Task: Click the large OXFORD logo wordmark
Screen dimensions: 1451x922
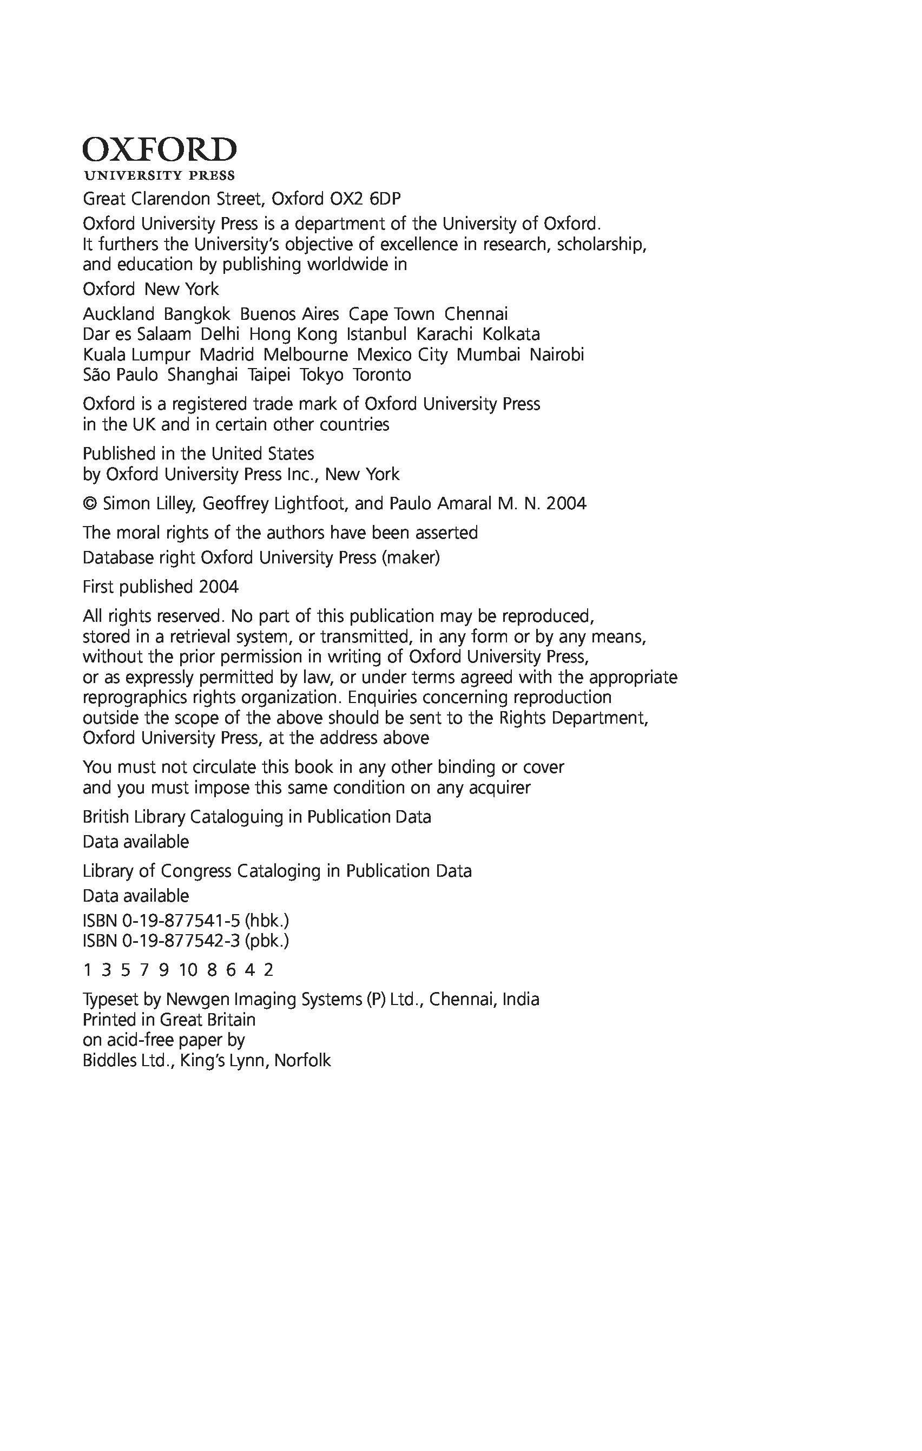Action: pos(160,149)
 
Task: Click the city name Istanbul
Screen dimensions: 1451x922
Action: pos(377,334)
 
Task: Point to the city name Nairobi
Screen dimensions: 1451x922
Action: pos(557,355)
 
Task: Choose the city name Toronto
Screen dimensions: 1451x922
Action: pos(382,375)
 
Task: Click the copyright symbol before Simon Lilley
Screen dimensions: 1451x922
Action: pos(90,504)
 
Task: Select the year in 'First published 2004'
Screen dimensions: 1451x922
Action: pos(219,587)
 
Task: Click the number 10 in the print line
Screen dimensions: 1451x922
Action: pos(188,970)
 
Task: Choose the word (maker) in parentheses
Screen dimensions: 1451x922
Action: pos(410,558)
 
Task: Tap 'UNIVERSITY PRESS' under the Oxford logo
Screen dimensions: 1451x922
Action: pos(160,176)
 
